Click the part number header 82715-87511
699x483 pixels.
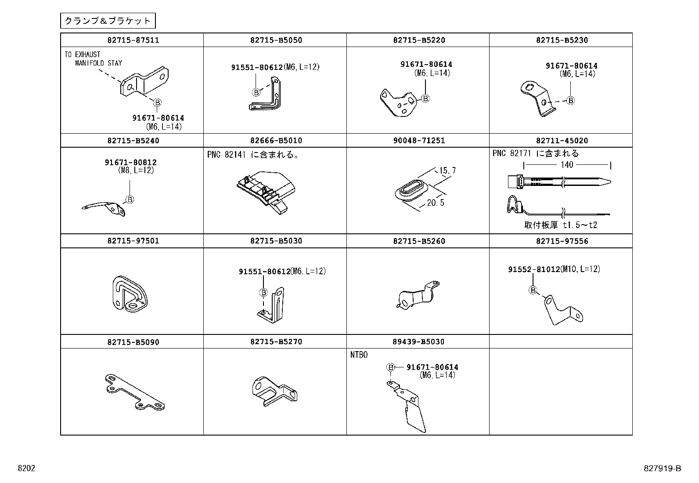[x=133, y=40]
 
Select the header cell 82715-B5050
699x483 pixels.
[x=276, y=40]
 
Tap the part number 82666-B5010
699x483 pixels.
[x=276, y=140]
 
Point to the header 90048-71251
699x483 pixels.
[x=419, y=140]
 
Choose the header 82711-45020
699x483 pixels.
[x=562, y=140]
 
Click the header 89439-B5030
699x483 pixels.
[x=418, y=341]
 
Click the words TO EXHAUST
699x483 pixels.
[x=83, y=54]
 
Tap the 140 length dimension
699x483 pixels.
[x=567, y=165]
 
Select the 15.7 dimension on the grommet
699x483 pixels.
[x=447, y=171]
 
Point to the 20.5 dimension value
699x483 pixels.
[x=436, y=203]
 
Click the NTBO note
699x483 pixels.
[x=359, y=355]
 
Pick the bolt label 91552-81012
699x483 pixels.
[x=534, y=269]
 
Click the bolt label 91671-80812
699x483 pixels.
[x=131, y=162]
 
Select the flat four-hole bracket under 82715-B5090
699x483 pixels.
[x=135, y=392]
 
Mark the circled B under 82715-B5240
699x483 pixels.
[x=130, y=200]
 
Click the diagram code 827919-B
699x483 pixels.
[x=662, y=468]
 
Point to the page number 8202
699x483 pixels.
[x=26, y=468]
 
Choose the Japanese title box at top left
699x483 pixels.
[x=108, y=21]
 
